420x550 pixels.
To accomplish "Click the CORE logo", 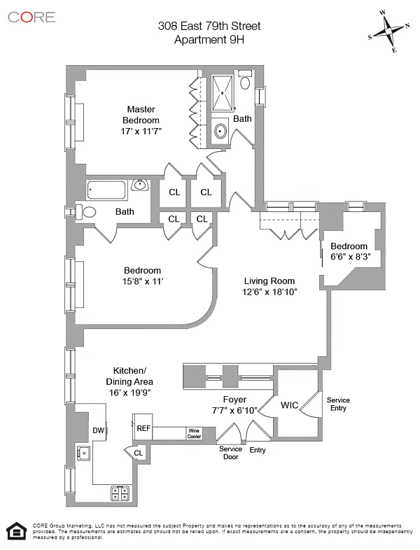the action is [31, 17].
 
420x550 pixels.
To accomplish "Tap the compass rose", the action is [389, 31].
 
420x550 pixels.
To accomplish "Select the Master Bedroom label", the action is [141, 115].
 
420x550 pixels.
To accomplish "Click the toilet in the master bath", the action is [245, 80].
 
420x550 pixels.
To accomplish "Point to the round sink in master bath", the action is [220, 132].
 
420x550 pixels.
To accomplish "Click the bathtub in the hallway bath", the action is [106, 190].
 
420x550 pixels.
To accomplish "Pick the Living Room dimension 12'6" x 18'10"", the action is [269, 292].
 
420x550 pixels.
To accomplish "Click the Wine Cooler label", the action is [194, 434].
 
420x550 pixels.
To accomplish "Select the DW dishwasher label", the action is [99, 430].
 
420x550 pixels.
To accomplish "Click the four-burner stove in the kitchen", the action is [120, 493].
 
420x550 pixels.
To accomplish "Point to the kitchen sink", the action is [84, 453].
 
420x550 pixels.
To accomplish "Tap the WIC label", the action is [290, 405].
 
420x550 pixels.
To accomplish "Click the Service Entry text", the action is [338, 404].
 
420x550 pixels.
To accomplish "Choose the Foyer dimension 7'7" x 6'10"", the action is [234, 410].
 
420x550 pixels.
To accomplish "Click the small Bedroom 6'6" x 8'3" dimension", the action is [351, 256].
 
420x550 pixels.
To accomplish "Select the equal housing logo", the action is [17, 531].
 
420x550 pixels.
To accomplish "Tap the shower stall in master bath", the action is [222, 93].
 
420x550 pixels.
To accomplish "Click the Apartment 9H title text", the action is [209, 39].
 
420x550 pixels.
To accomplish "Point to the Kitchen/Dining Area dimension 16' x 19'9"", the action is [129, 393].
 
